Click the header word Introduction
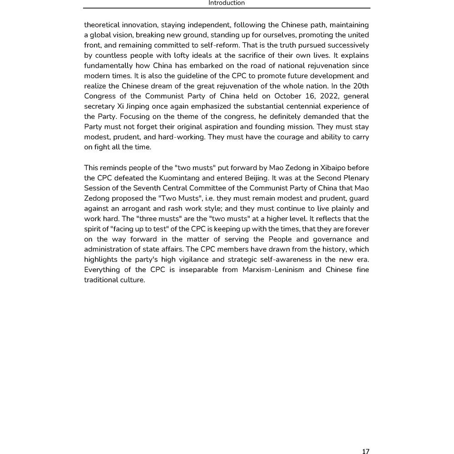click(227, 3)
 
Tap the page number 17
click(365, 451)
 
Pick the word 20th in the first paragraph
click(360, 86)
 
